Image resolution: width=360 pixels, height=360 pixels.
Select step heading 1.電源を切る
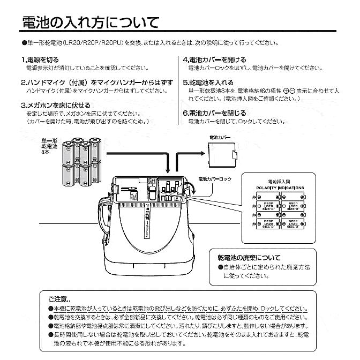click(40, 59)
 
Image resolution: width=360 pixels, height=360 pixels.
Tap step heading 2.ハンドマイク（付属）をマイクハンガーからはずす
click(97, 82)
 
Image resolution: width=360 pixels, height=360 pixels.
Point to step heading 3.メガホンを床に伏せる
click(56, 106)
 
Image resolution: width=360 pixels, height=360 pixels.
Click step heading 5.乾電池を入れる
click(208, 82)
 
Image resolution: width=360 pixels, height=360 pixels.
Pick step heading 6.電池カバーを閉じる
click(214, 113)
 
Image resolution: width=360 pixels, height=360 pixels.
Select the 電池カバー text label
click(220, 138)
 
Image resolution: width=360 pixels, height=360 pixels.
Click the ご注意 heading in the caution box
click(58, 299)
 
